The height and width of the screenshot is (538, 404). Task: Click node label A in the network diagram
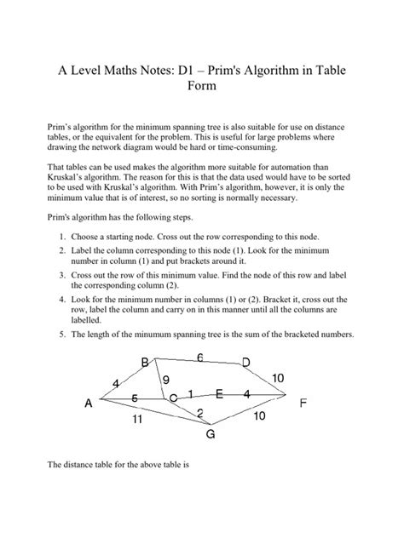click(89, 406)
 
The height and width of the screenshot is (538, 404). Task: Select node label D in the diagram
click(245, 363)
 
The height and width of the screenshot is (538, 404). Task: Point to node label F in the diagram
click(303, 404)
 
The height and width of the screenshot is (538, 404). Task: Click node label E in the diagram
click(219, 394)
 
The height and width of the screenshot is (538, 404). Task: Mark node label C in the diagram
click(173, 398)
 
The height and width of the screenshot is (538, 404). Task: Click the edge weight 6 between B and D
click(199, 358)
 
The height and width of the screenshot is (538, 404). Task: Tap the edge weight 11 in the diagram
click(136, 420)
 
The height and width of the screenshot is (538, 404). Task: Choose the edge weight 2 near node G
click(199, 414)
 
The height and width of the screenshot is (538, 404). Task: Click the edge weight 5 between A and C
click(134, 397)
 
